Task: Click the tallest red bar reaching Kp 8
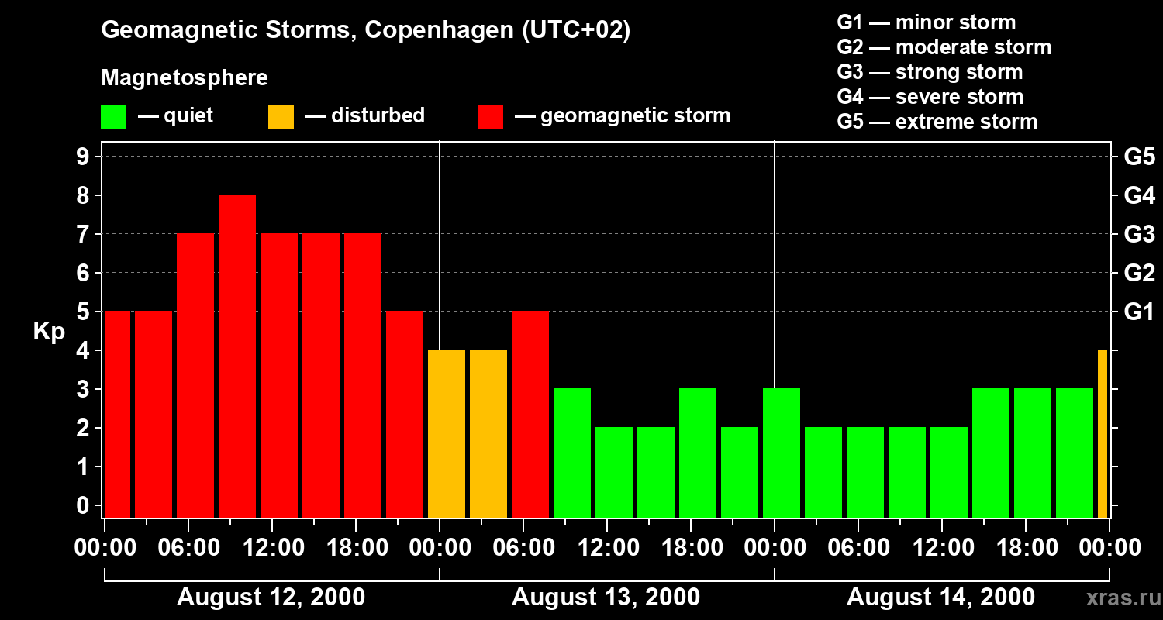[x=237, y=356]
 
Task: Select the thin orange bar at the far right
[x=1103, y=433]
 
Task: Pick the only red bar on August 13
[x=530, y=414]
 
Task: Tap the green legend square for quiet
[x=113, y=117]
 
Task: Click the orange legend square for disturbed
[x=281, y=117]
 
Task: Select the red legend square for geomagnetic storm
[x=490, y=117]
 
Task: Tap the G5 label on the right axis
[x=1139, y=157]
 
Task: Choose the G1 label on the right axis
[x=1139, y=312]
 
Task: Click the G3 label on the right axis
[x=1139, y=235]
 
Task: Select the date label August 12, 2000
[x=271, y=598]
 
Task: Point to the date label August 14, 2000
[x=940, y=598]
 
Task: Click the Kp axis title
[x=48, y=332]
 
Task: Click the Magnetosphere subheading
[x=185, y=78]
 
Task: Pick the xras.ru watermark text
[x=1118, y=598]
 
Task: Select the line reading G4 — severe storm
[x=930, y=97]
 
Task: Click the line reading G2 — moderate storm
[x=944, y=47]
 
